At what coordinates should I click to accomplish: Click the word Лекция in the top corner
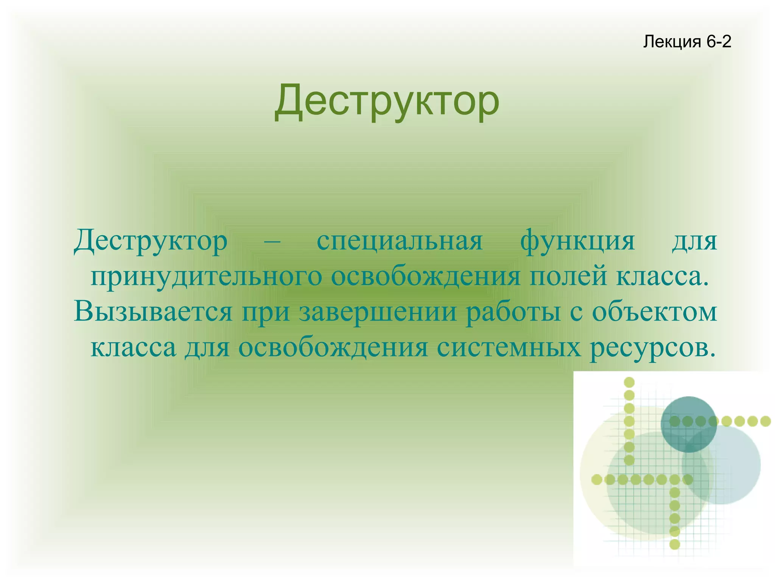coord(672,42)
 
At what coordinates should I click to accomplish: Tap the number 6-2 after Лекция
coord(719,41)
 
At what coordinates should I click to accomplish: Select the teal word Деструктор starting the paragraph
coord(151,241)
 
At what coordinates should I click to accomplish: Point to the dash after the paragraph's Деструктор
coord(272,241)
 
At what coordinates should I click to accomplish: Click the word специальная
coord(400,241)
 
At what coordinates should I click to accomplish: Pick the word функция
coord(577,241)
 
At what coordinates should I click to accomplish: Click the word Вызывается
coord(153,312)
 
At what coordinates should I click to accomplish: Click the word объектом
coord(655,312)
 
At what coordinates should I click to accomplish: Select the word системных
coord(509,347)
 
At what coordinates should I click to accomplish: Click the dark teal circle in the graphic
coord(689,424)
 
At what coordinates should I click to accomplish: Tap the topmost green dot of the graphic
coord(629,382)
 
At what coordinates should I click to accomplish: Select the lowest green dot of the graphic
coord(675,544)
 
